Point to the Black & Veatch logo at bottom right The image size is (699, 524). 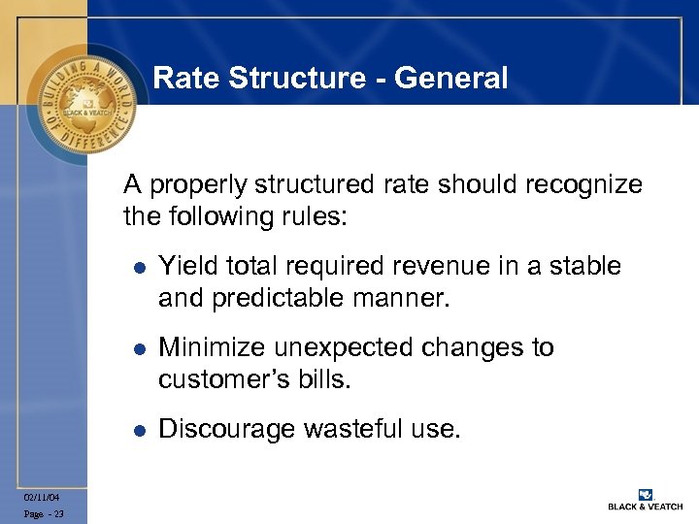tap(643, 499)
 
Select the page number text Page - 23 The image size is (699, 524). tap(45, 514)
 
